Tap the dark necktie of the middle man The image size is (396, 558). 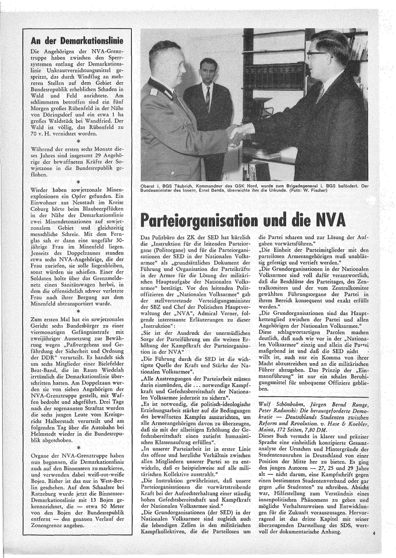coord(207,99)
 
